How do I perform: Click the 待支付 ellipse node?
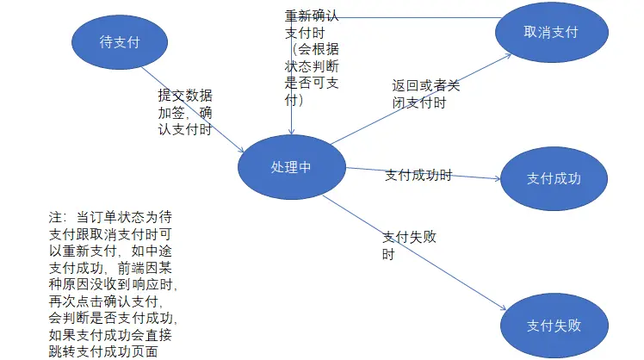120,40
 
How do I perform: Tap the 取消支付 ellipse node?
550,32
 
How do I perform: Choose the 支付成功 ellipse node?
554,179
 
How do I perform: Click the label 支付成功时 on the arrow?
418,175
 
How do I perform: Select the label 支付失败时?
409,246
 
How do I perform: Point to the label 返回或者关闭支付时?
425,95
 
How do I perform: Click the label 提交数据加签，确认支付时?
185,113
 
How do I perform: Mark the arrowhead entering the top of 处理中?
292,131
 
